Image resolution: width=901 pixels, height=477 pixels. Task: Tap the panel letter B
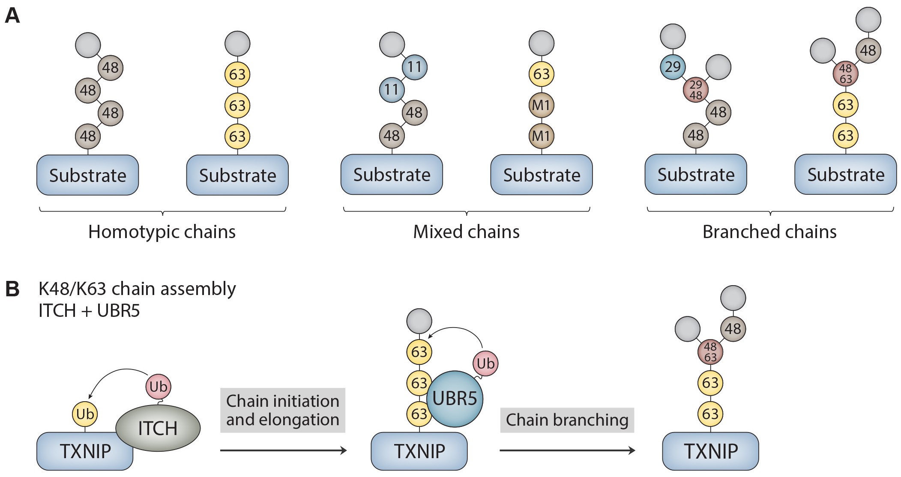tap(12, 289)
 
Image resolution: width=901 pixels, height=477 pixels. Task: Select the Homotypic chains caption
tap(162, 232)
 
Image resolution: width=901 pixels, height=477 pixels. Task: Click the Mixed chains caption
tap(466, 232)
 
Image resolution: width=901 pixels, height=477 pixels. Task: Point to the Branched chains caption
tap(769, 232)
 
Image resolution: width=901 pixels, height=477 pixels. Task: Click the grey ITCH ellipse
tap(158, 428)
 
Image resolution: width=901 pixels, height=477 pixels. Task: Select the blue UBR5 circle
tap(455, 399)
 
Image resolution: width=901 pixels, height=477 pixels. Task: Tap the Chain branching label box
tap(567, 420)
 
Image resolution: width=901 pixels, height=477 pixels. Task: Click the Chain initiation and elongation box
tap(283, 410)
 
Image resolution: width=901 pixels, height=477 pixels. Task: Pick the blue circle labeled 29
tap(673, 67)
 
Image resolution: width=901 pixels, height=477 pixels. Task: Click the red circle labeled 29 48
tap(696, 90)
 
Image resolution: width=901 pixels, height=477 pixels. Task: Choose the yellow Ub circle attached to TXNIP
tap(85, 414)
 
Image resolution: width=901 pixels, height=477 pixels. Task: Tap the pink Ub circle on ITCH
tap(158, 387)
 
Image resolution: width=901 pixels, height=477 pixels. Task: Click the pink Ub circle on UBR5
tap(485, 364)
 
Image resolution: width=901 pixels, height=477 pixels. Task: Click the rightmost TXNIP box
tap(710, 451)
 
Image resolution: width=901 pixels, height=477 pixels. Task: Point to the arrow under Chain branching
tap(567, 450)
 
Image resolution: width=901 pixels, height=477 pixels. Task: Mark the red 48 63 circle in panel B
tap(710, 352)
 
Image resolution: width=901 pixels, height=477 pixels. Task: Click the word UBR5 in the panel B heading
tap(119, 310)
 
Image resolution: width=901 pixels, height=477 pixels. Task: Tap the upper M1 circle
tap(542, 105)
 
